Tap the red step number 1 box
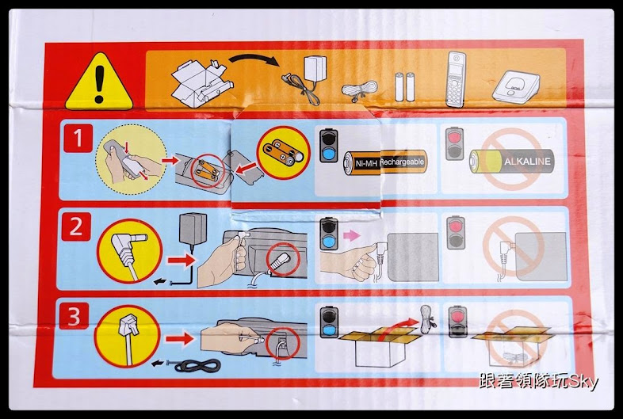[78, 139]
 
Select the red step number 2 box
[76, 227]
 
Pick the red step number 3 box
[76, 318]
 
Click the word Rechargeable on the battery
[403, 162]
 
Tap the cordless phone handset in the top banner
[456, 79]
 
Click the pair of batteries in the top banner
[404, 86]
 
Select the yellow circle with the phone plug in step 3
[124, 335]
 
